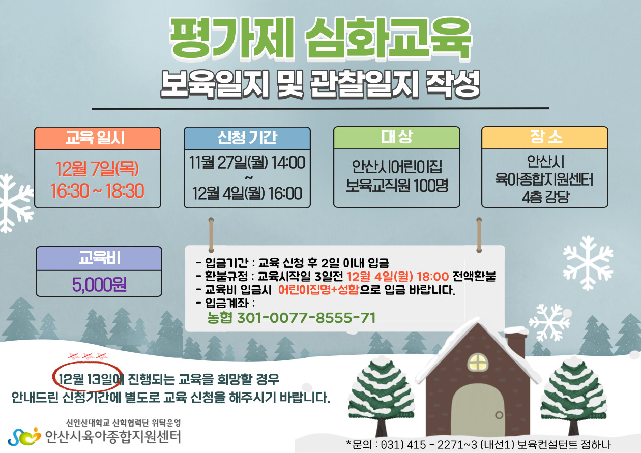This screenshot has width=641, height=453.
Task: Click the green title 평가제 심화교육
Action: (x=320, y=38)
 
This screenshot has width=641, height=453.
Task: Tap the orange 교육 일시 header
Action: (x=98, y=138)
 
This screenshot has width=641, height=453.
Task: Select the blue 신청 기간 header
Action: (x=247, y=138)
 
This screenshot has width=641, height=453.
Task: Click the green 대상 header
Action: (x=397, y=138)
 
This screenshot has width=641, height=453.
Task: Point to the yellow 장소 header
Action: (x=545, y=138)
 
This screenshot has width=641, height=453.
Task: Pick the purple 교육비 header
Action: (x=99, y=258)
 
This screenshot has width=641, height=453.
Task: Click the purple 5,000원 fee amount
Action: (x=99, y=285)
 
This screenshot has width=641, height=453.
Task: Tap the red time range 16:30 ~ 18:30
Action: (x=97, y=191)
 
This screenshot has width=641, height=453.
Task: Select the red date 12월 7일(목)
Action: (x=97, y=169)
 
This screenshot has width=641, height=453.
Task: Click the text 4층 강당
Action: (x=545, y=197)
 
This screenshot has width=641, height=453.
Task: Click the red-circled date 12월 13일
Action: (x=86, y=379)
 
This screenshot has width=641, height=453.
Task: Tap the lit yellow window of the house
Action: (x=478, y=363)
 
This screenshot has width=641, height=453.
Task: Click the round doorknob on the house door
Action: (x=499, y=415)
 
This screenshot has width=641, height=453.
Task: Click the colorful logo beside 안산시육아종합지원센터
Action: (x=24, y=437)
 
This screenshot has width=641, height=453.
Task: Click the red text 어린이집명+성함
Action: (x=318, y=290)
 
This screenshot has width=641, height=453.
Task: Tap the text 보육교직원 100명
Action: (x=397, y=185)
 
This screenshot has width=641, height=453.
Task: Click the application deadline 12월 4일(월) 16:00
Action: (x=247, y=193)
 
